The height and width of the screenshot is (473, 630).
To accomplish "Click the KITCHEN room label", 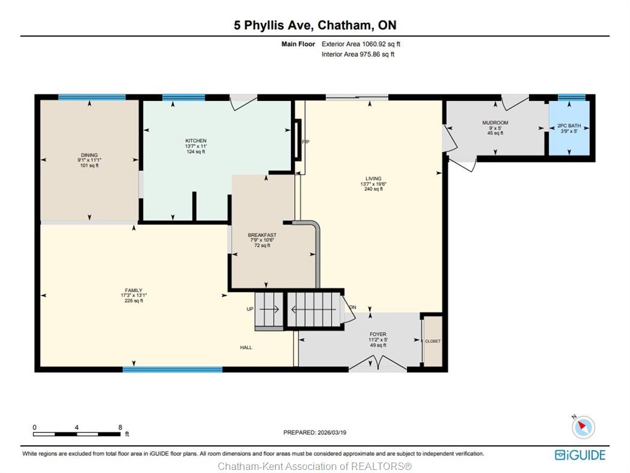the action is [x=195, y=140].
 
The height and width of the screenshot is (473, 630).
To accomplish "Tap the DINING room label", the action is [x=89, y=155].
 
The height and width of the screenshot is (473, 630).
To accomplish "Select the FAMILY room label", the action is [x=133, y=290].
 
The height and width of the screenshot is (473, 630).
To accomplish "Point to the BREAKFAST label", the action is [x=262, y=235].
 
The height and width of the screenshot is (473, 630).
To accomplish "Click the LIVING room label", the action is [x=374, y=179].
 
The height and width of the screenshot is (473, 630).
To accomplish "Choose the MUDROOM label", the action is [x=495, y=123].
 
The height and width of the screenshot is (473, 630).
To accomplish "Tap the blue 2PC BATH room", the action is [x=569, y=128].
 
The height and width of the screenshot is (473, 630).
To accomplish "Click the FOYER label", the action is [x=378, y=334].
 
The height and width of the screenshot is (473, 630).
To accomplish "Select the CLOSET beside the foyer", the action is [x=433, y=341].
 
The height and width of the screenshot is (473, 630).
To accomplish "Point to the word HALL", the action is [x=246, y=347].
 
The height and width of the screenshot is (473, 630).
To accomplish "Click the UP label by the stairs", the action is [x=250, y=309].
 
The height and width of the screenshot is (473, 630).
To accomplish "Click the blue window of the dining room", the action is [x=92, y=97].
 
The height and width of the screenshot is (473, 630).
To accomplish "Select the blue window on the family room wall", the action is [x=173, y=370].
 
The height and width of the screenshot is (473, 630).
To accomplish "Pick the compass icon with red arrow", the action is [x=583, y=427].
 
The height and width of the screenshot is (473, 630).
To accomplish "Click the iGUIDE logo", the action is [x=580, y=455].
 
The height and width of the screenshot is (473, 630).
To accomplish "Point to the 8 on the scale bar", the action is [x=120, y=427].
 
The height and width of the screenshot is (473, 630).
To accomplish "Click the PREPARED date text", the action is [x=314, y=432].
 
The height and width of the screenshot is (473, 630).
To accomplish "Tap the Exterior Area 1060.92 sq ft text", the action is [x=361, y=44].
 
